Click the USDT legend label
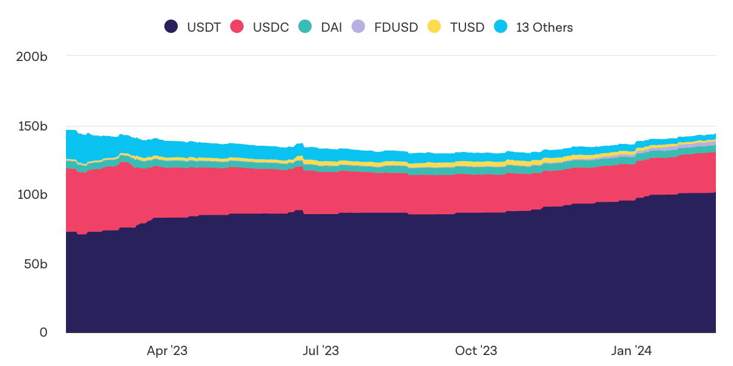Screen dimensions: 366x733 (205, 27)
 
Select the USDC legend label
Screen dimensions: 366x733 (271, 27)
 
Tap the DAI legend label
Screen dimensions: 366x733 (331, 27)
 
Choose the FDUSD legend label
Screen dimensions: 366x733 (396, 27)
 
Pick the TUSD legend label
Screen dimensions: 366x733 (467, 27)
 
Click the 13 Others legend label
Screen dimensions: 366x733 (544, 27)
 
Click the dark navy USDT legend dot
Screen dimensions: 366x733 (171, 27)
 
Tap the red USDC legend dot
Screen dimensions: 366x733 (237, 27)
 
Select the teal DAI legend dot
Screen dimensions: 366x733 (305, 27)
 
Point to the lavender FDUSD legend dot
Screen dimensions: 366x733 (359, 27)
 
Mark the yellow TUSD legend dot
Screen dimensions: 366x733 (434, 27)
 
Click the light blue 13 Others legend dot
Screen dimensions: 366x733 (501, 27)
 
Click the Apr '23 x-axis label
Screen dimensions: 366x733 (167, 351)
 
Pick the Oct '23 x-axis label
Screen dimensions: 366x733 (476, 351)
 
